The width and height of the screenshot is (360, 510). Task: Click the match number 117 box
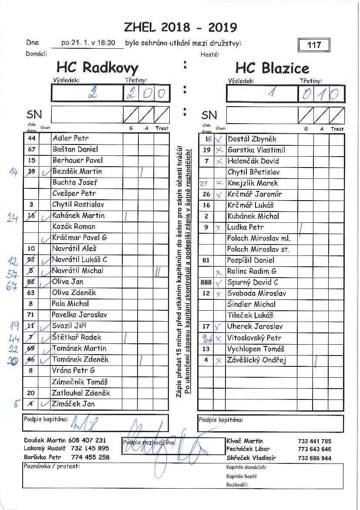point(314,45)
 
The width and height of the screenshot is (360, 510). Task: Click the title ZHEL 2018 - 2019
point(180,27)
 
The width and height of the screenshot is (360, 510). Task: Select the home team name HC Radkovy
point(97,67)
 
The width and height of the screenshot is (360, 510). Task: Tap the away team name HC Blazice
point(272,68)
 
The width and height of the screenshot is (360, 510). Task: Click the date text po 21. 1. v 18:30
point(88,43)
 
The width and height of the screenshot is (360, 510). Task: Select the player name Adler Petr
point(70,138)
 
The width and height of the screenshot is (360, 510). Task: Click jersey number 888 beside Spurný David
point(206,282)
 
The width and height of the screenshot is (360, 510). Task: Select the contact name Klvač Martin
point(245,441)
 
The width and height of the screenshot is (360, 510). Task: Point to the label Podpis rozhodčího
point(149,443)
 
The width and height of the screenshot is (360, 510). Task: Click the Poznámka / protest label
point(46,466)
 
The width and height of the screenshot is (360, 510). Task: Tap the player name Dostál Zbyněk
point(252,139)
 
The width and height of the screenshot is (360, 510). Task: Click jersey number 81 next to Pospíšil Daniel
point(206,260)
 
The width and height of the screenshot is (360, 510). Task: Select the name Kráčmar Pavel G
point(79,238)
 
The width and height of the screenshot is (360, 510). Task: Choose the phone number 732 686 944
point(314,458)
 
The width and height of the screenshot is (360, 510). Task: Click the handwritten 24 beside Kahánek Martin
point(12,218)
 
